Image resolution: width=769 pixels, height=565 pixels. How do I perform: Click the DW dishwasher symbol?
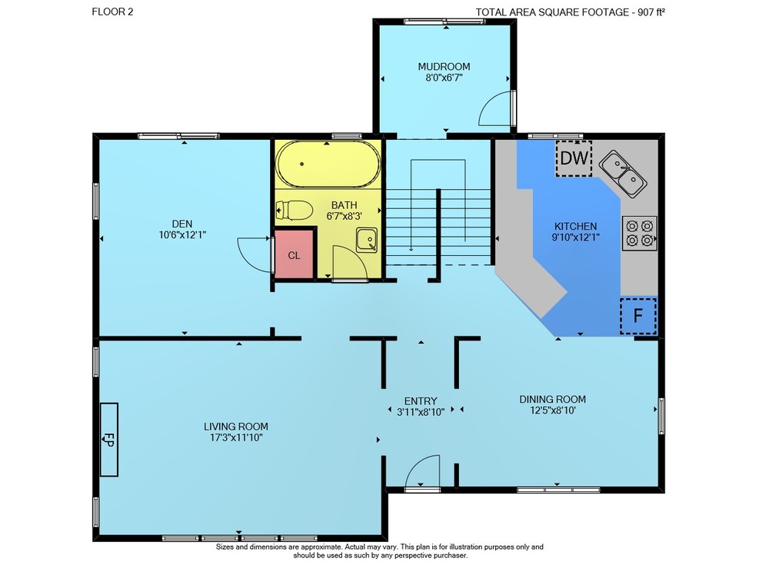click(574, 158)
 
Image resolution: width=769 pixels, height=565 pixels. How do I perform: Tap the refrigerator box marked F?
click(638, 315)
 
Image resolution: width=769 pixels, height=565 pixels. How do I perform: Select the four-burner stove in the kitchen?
click(640, 233)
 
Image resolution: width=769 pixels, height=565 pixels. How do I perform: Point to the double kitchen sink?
click(623, 174)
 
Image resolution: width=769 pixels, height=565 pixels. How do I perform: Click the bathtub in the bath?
click(328, 164)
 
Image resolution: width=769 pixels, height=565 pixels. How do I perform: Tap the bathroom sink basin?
click(366, 240)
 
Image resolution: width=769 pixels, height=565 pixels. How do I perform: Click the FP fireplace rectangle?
click(109, 440)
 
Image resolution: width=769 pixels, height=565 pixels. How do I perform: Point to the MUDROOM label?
click(444, 66)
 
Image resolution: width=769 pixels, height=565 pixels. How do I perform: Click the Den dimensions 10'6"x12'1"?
click(182, 235)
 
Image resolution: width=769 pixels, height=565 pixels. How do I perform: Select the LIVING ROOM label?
click(236, 427)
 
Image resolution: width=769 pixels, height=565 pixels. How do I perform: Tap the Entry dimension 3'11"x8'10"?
click(421, 413)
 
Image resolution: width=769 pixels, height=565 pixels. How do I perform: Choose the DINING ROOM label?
click(553, 399)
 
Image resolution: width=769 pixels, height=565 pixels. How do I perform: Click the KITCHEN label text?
click(576, 226)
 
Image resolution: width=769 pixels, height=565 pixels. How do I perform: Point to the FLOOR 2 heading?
click(112, 12)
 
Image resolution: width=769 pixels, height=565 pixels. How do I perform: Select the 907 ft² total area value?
click(651, 12)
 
